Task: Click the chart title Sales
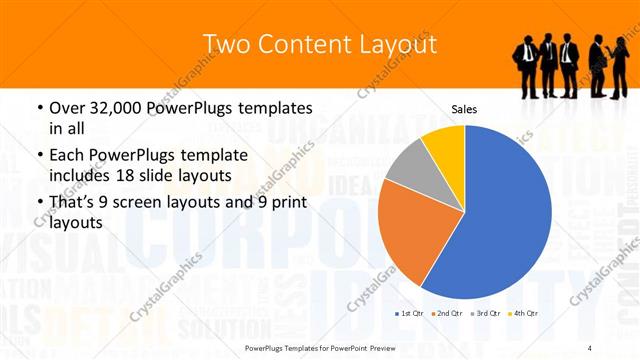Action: [464, 108]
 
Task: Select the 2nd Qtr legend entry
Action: [446, 315]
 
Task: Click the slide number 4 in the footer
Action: [590, 347]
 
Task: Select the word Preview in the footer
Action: [381, 347]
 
